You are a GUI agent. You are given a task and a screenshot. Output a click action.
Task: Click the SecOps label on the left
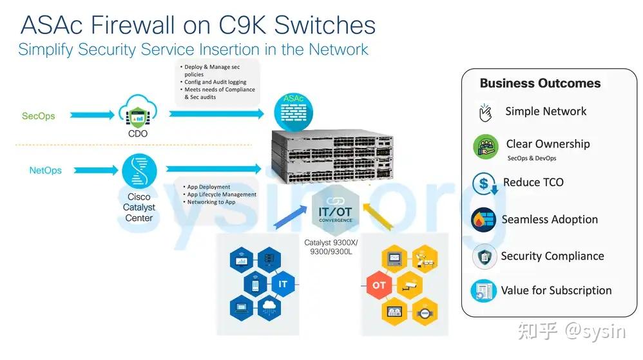[38, 116]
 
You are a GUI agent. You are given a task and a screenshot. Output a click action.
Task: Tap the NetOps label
[46, 170]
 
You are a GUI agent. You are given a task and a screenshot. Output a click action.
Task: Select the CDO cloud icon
[138, 111]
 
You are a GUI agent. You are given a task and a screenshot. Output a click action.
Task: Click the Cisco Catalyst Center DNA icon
[139, 171]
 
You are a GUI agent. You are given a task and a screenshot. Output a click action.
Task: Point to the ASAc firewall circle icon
[294, 112]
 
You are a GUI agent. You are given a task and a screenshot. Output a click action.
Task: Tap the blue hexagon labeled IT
[283, 284]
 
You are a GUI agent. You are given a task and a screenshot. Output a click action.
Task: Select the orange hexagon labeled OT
[378, 285]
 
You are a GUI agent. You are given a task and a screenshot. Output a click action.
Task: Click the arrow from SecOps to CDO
[92, 115]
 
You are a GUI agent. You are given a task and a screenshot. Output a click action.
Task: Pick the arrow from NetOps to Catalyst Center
[96, 170]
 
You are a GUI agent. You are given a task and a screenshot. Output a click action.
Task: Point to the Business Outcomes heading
[540, 83]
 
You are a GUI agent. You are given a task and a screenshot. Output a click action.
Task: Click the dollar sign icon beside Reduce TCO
[485, 184]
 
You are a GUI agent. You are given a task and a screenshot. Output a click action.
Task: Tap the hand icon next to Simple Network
[485, 112]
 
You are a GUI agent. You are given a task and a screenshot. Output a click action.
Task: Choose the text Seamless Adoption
[550, 220]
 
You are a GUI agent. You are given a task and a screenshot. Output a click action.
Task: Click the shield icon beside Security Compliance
[485, 257]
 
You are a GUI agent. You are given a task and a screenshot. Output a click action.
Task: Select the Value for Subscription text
[556, 290]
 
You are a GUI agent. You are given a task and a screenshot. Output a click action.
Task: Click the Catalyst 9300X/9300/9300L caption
[331, 247]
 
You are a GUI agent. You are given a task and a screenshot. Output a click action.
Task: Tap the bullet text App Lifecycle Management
[222, 194]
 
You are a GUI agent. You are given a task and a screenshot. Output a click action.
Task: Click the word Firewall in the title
[133, 24]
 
